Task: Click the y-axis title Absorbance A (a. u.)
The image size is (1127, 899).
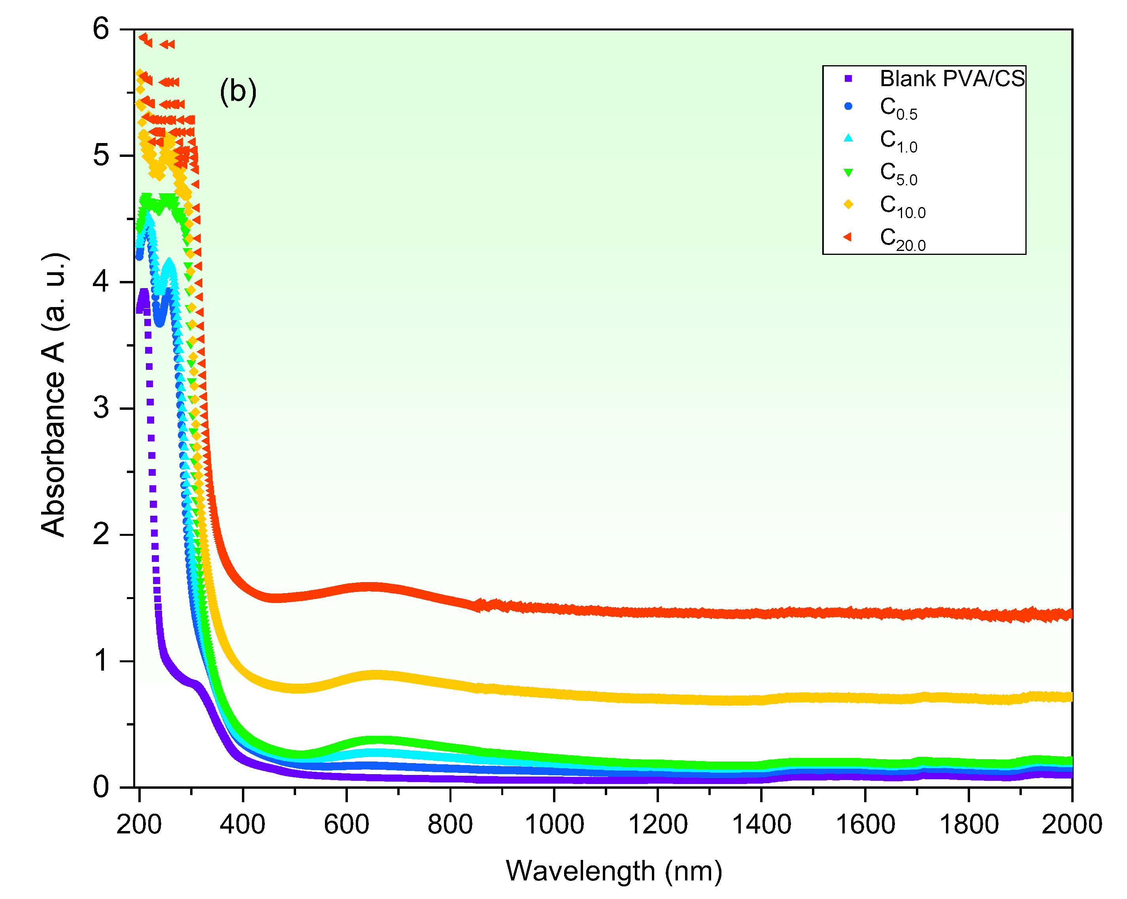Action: click(54, 395)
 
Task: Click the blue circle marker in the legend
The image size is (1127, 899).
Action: click(848, 106)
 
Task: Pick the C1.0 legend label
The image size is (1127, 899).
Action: click(898, 140)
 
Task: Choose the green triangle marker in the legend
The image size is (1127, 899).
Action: click(848, 172)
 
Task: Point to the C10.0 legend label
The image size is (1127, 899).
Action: click(902, 206)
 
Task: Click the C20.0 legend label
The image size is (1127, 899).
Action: click(902, 238)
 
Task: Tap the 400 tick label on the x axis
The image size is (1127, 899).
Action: click(243, 824)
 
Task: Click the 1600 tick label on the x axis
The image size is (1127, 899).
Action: click(865, 824)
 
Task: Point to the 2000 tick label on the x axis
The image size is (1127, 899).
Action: click(1072, 824)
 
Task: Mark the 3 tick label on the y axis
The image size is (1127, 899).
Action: click(101, 408)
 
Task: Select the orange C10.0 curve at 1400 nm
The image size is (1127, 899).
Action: click(761, 700)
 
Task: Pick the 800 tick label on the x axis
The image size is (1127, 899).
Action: click(450, 824)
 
